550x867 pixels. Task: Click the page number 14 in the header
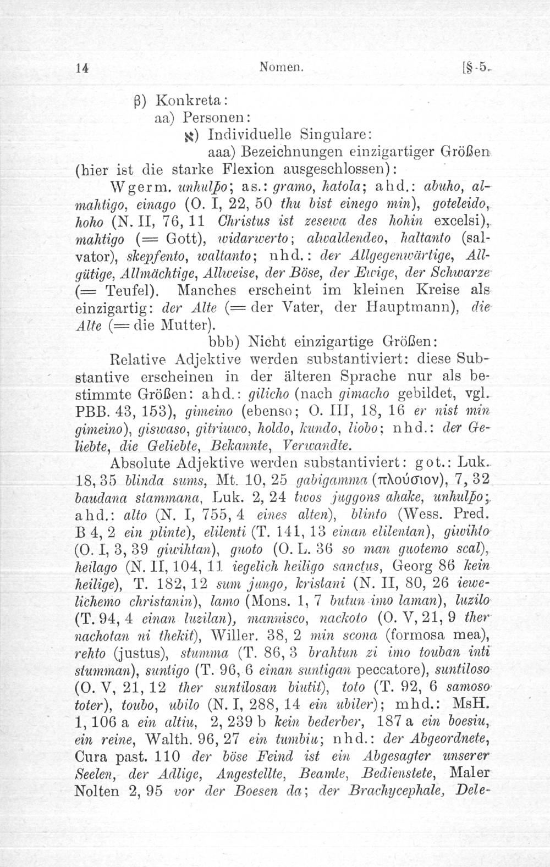[x=83, y=67]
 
